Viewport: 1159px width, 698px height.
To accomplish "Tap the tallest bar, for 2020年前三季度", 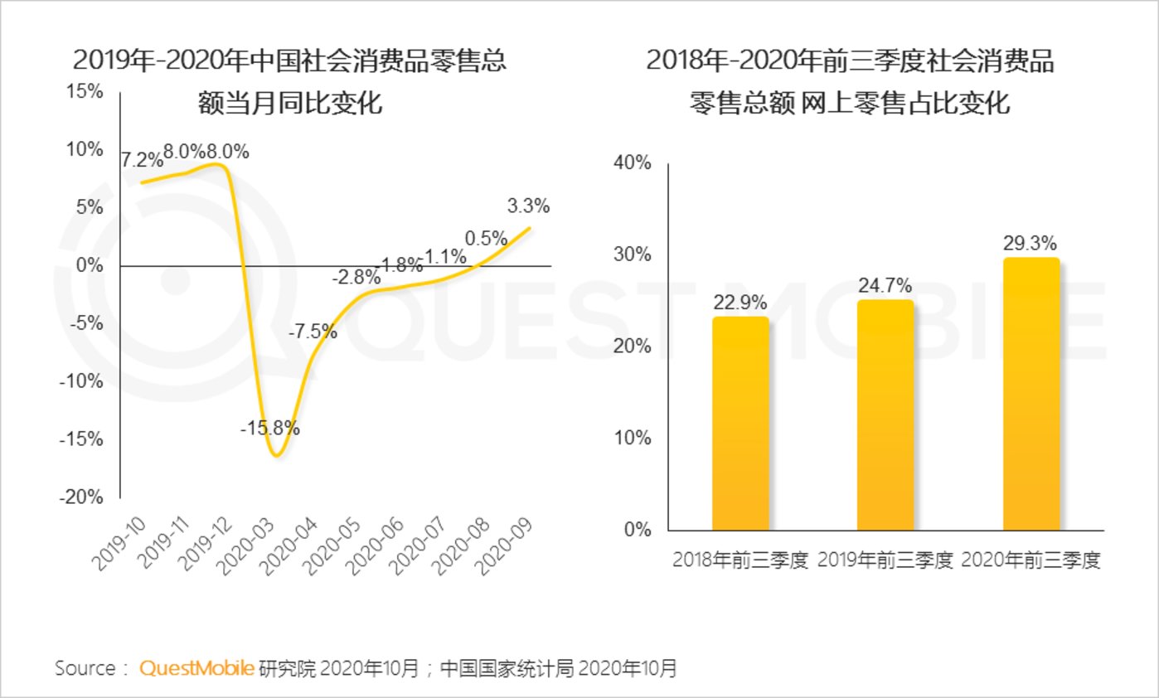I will pos(1030,394).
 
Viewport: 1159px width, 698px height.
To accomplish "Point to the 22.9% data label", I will pos(740,303).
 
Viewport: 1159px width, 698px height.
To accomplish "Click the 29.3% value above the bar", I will pos(1030,244).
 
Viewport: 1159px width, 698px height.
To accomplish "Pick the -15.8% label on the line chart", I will pos(269,429).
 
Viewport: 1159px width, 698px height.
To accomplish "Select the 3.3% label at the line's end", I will pos(528,206).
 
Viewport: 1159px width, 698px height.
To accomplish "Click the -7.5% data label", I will pos(313,332).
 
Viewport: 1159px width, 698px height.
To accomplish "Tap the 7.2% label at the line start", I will pos(141,159).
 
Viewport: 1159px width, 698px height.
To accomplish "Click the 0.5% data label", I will pos(486,239).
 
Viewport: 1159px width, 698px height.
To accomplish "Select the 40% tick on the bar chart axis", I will pos(634,162).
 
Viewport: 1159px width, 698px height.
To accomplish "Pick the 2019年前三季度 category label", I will pos(885,560).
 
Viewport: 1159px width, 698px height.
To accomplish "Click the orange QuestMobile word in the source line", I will pos(196,668).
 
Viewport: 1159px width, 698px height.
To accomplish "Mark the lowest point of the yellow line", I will pos(277,455).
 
